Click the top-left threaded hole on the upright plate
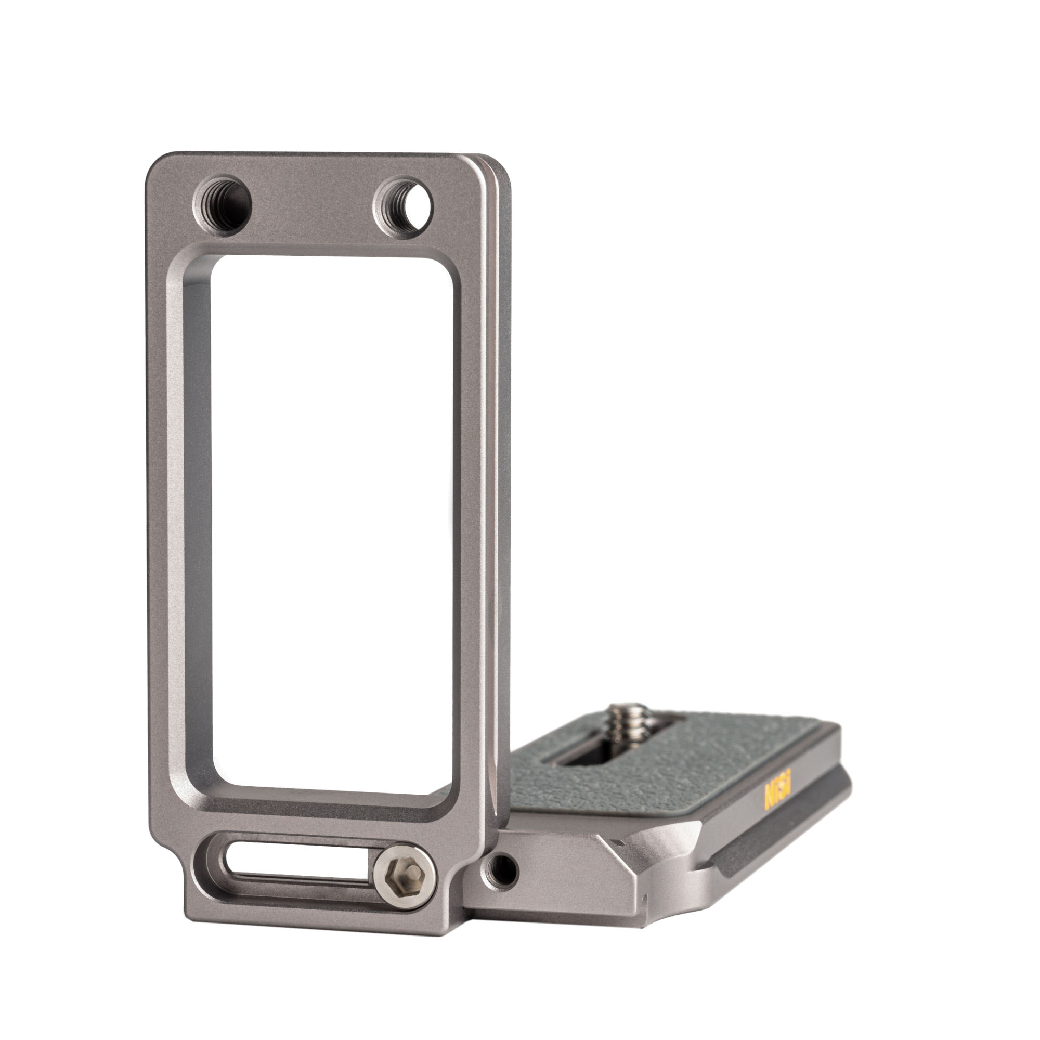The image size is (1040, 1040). coord(223,204)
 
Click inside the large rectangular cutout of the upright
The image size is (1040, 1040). coord(331,527)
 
